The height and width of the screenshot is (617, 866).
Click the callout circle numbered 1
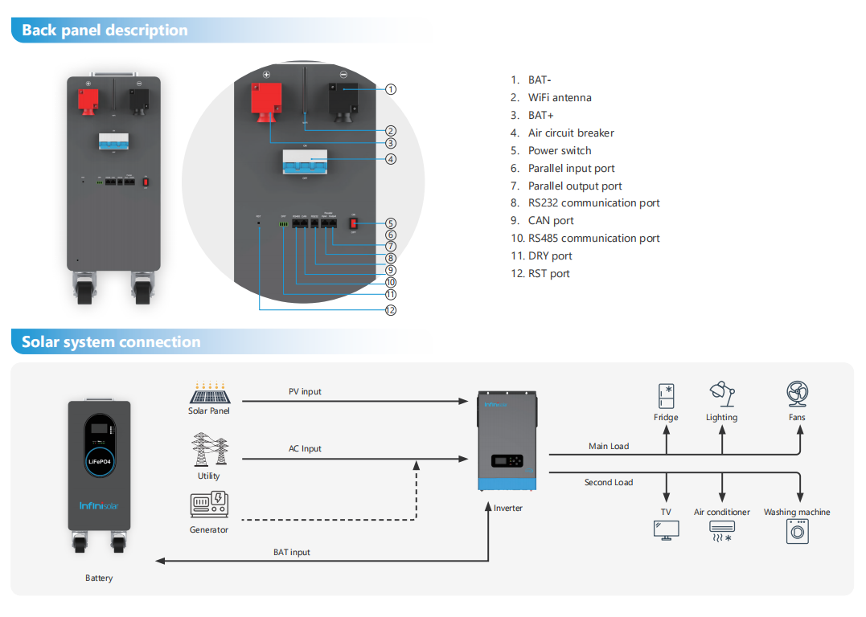391,89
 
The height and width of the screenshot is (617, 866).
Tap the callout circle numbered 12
391,310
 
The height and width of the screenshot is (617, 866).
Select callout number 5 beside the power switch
391,223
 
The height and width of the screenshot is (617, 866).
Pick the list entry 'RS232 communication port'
593,203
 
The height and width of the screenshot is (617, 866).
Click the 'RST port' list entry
548,274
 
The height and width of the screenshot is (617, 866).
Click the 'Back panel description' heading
105,31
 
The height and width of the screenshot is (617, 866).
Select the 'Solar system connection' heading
111,342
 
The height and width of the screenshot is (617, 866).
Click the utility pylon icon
210,450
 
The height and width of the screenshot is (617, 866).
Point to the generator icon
209,505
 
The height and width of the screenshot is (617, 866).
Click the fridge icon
666,396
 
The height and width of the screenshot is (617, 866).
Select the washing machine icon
797,531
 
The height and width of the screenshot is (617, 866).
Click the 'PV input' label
305,392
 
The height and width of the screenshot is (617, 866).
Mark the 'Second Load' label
609,483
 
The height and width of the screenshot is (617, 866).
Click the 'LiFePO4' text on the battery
99,462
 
